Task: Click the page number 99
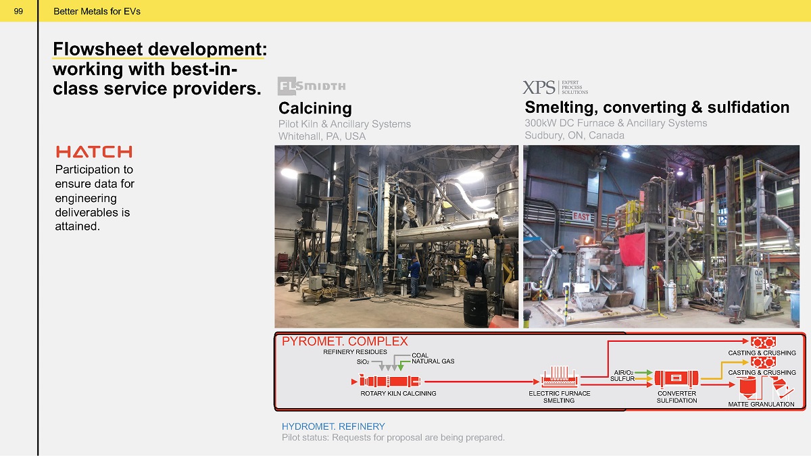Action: pyautogui.click(x=18, y=11)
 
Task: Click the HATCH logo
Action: pyautogui.click(x=94, y=151)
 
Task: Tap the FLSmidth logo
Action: pyautogui.click(x=312, y=86)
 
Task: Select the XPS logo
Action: pyautogui.click(x=555, y=87)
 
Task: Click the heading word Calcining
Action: pyautogui.click(x=315, y=108)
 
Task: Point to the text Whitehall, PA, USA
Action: pyautogui.click(x=322, y=136)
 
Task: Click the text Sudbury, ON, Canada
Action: pyautogui.click(x=574, y=135)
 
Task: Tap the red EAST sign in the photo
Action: pyautogui.click(x=581, y=216)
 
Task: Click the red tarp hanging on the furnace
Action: pyautogui.click(x=632, y=249)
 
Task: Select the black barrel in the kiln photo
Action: pyautogui.click(x=476, y=307)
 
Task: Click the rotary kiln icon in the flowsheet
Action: pyautogui.click(x=389, y=382)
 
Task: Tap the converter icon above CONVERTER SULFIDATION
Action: pyautogui.click(x=677, y=378)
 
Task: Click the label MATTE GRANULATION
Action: pyautogui.click(x=761, y=404)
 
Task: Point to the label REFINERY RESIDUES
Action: pyautogui.click(x=355, y=352)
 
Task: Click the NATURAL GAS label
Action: pyautogui.click(x=433, y=361)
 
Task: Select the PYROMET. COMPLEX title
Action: pyautogui.click(x=345, y=341)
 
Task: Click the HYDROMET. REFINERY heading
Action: pyautogui.click(x=333, y=426)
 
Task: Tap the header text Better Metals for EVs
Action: pyautogui.click(x=97, y=11)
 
